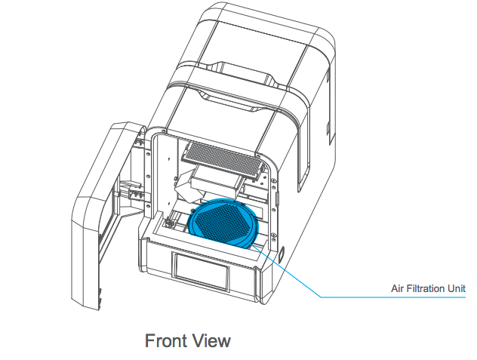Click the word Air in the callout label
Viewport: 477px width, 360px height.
[397, 288]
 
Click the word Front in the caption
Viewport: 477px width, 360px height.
[163, 340]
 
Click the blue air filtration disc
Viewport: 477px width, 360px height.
[223, 223]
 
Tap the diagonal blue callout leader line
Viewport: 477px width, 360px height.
[286, 271]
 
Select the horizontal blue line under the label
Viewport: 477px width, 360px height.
[393, 297]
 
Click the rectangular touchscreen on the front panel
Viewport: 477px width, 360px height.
[201, 272]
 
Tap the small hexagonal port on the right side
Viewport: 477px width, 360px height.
[282, 254]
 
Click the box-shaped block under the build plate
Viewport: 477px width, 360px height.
[217, 183]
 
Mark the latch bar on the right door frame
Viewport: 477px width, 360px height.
[277, 198]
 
